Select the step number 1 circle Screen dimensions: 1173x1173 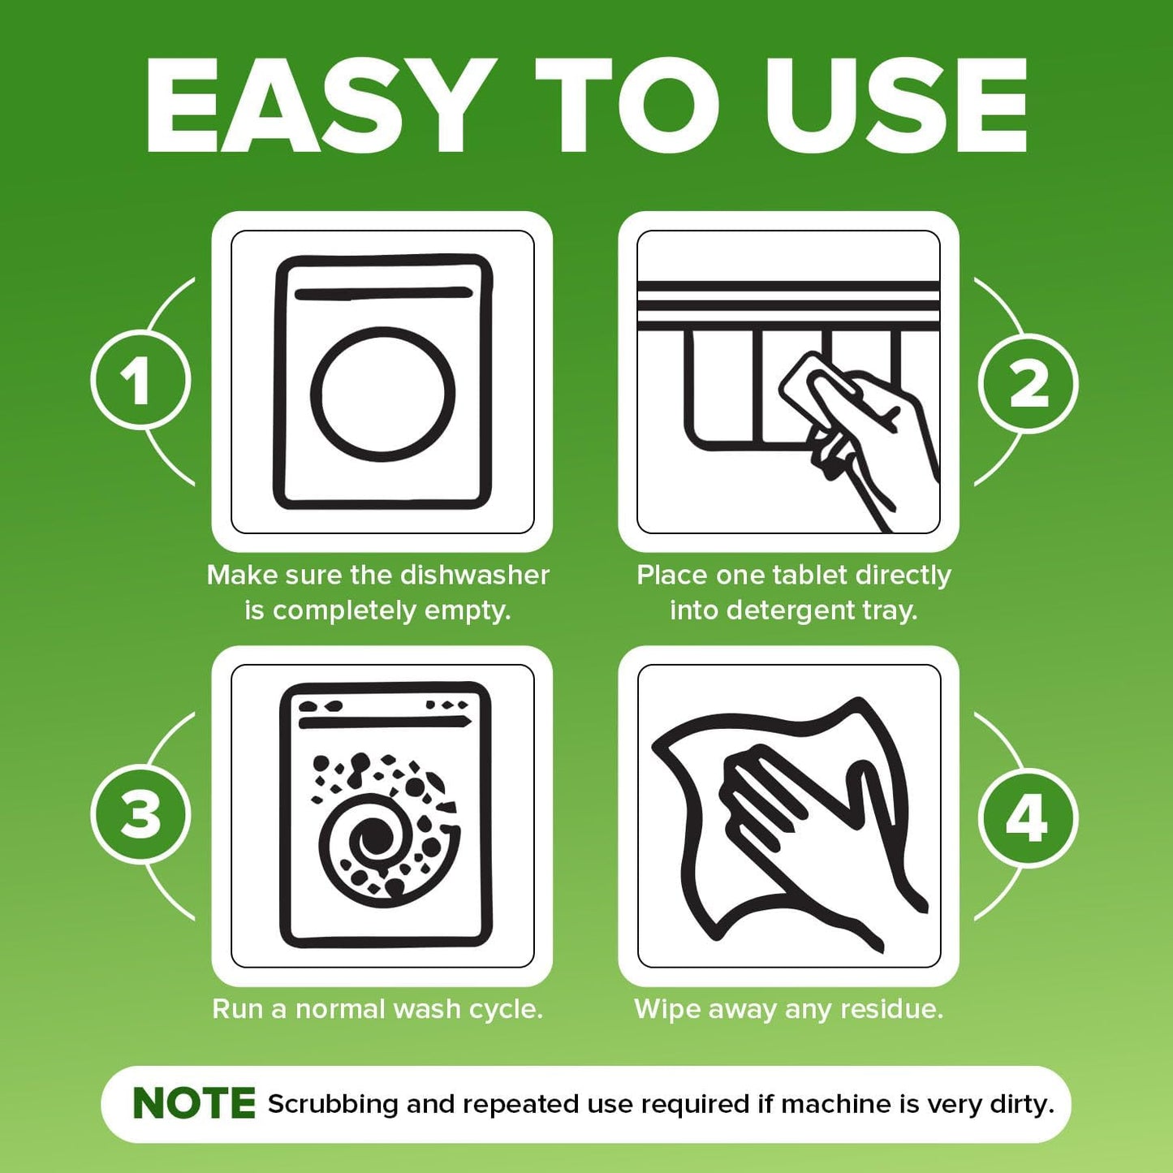pos(140,381)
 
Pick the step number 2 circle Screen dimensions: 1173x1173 pos(1029,384)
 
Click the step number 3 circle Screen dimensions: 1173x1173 pos(140,815)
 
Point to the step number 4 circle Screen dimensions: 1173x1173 pos(1028,818)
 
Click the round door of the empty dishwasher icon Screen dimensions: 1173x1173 pos(382,395)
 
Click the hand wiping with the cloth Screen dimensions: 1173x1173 pos(804,828)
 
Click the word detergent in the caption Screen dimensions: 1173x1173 pos(785,610)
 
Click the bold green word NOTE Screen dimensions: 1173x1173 pos(194,1104)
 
